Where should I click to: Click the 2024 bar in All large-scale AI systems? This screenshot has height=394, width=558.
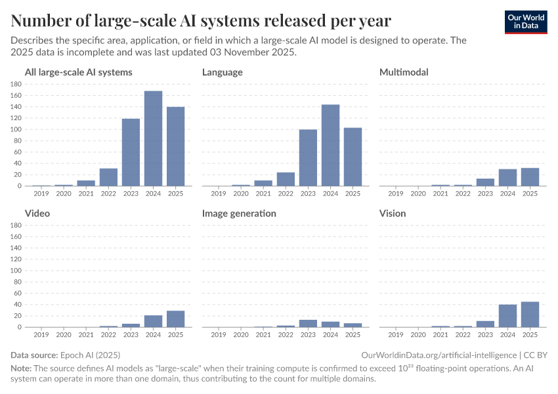tap(153, 139)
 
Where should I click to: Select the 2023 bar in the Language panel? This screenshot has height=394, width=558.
tap(308, 158)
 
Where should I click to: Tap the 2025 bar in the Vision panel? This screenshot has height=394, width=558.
tap(530, 314)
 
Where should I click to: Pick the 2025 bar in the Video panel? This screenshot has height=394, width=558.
tap(175, 318)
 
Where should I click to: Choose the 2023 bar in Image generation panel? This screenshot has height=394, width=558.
tap(308, 323)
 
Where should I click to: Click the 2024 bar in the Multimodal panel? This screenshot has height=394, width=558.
tap(507, 177)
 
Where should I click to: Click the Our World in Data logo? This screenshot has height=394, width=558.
tap(526, 22)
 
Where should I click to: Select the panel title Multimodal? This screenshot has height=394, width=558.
tap(404, 72)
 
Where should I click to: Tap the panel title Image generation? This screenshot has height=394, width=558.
tap(239, 213)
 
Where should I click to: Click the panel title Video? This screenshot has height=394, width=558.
tap(37, 213)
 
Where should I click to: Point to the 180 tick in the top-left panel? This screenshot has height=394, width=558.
tap(17, 84)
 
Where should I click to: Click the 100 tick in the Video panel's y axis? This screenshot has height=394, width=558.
tap(17, 271)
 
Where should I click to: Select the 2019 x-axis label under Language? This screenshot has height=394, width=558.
tap(219, 193)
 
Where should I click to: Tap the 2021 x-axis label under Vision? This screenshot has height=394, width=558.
tap(440, 334)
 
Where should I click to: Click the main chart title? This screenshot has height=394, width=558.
tap(201, 21)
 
